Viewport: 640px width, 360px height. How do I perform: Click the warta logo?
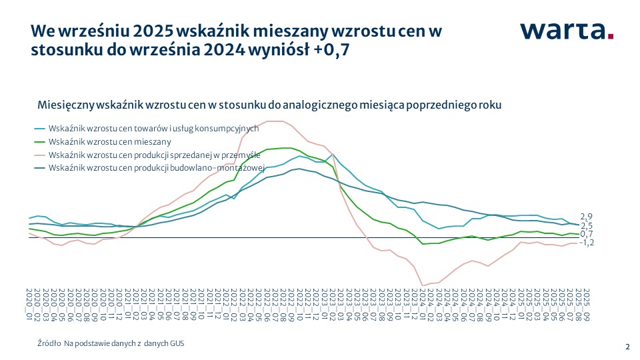click(566, 31)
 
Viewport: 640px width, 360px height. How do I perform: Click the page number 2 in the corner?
click(627, 346)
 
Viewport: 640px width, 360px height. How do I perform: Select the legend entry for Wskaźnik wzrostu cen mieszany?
click(110, 141)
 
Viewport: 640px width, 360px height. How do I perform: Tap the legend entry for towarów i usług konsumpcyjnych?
click(153, 128)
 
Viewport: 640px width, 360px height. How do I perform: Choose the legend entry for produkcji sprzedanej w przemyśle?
click(154, 155)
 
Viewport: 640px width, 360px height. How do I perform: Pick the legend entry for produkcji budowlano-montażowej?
click(157, 167)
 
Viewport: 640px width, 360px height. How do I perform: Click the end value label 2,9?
click(587, 217)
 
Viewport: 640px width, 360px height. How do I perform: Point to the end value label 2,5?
click(587, 226)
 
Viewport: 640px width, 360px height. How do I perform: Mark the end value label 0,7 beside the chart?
click(587, 234)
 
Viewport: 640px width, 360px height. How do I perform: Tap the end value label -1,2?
click(587, 243)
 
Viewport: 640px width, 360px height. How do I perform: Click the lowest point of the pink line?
click(423, 286)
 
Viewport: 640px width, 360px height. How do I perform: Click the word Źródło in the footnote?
click(49, 343)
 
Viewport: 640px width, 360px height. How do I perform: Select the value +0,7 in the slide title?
click(331, 50)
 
